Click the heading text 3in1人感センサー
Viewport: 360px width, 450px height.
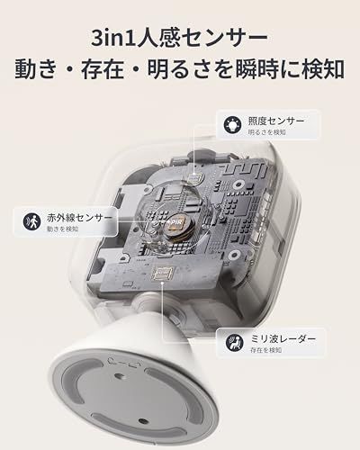[180, 39]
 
